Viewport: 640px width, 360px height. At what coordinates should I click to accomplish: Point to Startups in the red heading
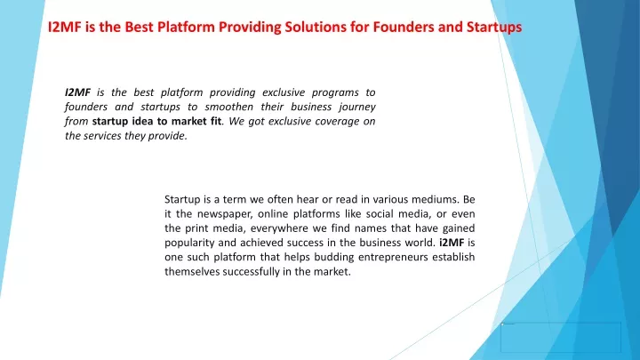tap(494, 28)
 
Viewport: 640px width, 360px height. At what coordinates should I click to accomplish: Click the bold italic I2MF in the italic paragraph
tap(77, 92)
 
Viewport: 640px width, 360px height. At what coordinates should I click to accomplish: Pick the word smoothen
tap(229, 107)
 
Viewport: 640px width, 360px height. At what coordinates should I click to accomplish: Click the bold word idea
tap(142, 121)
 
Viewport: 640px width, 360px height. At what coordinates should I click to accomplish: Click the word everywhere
tap(280, 229)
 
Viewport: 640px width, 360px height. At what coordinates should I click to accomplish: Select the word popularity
tap(189, 244)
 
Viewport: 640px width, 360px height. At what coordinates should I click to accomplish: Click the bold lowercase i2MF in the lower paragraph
tap(452, 243)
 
